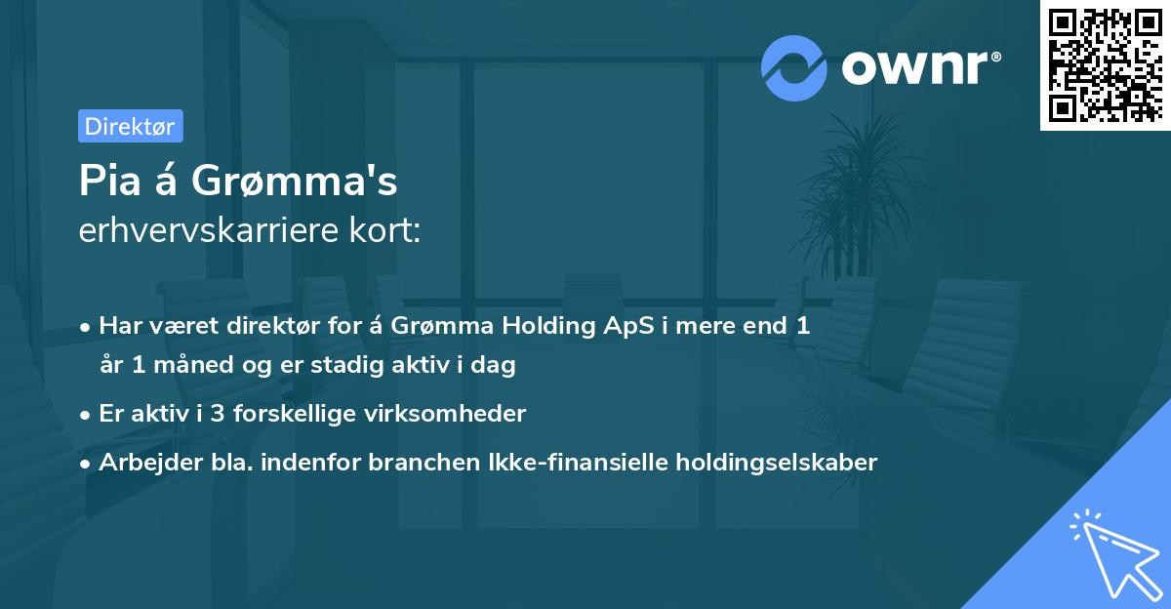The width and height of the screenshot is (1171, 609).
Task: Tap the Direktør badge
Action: click(x=130, y=126)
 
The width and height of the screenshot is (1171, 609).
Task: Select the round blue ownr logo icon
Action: click(x=794, y=67)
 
